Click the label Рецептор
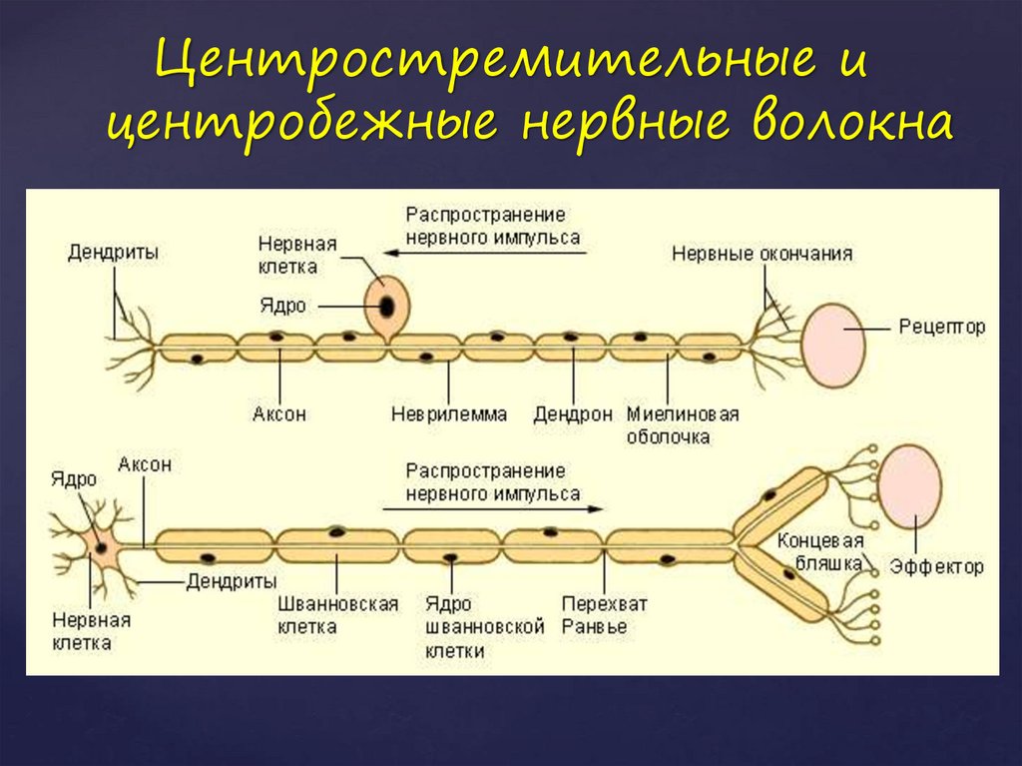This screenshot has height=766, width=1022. point(942,327)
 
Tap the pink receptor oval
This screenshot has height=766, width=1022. point(833,347)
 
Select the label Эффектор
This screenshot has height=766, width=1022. point(936,566)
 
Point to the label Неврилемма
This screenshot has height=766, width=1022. point(449,413)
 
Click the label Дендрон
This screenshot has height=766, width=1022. point(573,414)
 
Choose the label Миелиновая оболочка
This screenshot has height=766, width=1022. point(683,425)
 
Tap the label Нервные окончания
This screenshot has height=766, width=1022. point(762,253)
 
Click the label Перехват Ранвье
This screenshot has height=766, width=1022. point(604,615)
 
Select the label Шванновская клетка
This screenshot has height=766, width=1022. point(337,615)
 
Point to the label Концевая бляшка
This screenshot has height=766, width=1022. point(820,552)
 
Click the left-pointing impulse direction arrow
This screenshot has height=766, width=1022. point(486,253)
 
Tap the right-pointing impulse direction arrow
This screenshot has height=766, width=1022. point(493,508)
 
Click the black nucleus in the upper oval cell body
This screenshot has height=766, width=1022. point(386,307)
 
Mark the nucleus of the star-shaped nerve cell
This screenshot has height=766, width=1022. point(101,546)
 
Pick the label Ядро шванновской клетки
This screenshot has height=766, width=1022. point(484,627)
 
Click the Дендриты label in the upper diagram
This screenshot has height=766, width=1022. point(113,253)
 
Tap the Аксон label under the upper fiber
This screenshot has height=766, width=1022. point(279,413)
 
